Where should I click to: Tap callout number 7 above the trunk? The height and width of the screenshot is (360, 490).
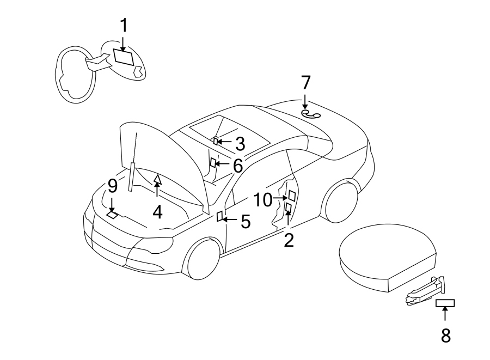coord(305,83)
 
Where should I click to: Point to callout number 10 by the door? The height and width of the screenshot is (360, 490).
coord(262,199)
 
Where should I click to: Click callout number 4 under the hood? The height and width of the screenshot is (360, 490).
coord(157,211)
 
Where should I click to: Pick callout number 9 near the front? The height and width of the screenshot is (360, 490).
coord(112,186)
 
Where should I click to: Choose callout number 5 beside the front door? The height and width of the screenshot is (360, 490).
coord(246,221)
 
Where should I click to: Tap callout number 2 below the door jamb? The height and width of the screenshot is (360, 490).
coord(289,239)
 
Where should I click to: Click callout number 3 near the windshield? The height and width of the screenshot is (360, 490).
coord(240,144)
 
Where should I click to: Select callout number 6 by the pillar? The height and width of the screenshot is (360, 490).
coord(237,166)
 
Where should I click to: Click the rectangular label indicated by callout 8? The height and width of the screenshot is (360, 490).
coord(445,303)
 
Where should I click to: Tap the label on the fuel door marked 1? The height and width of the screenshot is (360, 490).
coord(124,58)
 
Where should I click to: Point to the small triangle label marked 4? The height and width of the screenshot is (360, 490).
coord(157,178)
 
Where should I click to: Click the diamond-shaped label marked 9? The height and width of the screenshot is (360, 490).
coord(112,215)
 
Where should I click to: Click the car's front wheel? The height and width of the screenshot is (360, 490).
coord(204,260)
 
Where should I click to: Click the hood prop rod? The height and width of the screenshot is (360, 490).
coord(131,177)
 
